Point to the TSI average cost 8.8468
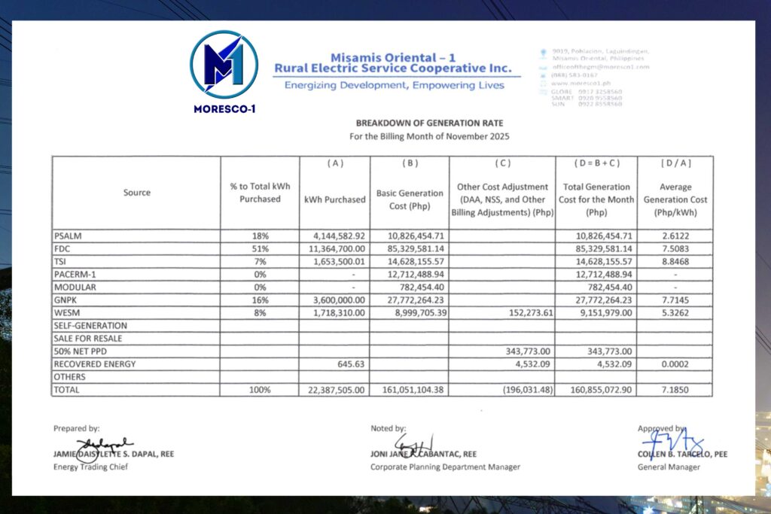[675, 261]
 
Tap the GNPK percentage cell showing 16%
[260, 300]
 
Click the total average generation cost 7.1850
[675, 390]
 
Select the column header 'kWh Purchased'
[335, 199]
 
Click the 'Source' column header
[136, 193]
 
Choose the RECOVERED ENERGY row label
[95, 364]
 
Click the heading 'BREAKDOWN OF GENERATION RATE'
[429, 123]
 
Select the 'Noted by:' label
[389, 428]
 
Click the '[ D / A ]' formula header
[675, 163]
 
